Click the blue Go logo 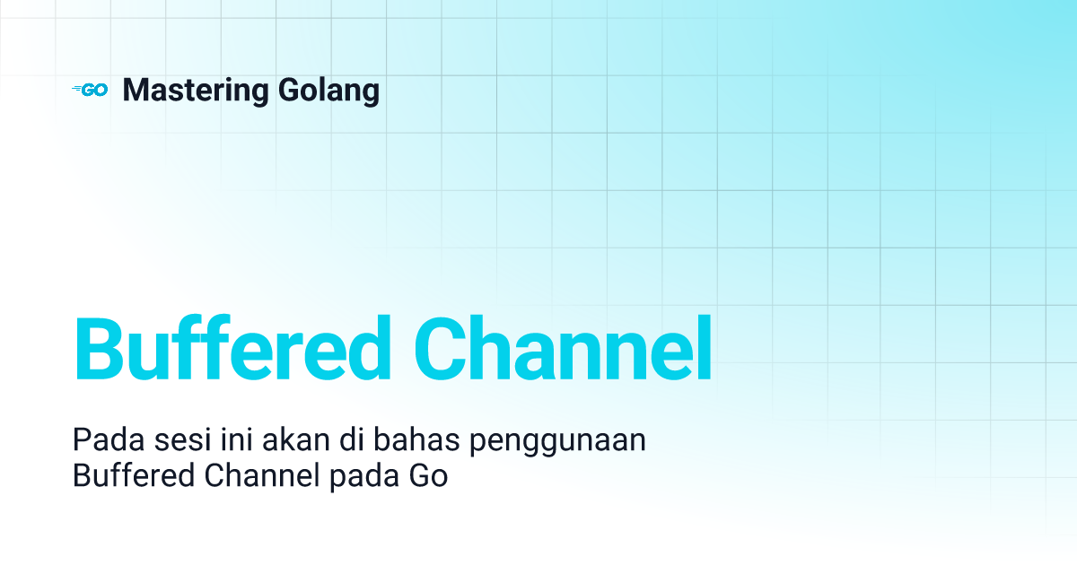pyautogui.click(x=90, y=90)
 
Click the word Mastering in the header pyautogui.click(x=196, y=91)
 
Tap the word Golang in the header pyautogui.click(x=328, y=91)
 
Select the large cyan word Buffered pyautogui.click(x=232, y=348)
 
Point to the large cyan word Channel pyautogui.click(x=563, y=348)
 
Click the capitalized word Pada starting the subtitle pyautogui.click(x=109, y=439)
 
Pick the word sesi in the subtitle pyautogui.click(x=183, y=439)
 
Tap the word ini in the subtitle pyautogui.click(x=237, y=439)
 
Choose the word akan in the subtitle pyautogui.click(x=295, y=439)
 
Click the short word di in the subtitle pyautogui.click(x=352, y=439)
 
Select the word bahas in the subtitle pyautogui.click(x=416, y=439)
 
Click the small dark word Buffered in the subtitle pyautogui.click(x=133, y=475)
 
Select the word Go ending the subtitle pyautogui.click(x=428, y=475)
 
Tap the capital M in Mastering pyautogui.click(x=136, y=90)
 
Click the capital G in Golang pyautogui.click(x=288, y=90)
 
